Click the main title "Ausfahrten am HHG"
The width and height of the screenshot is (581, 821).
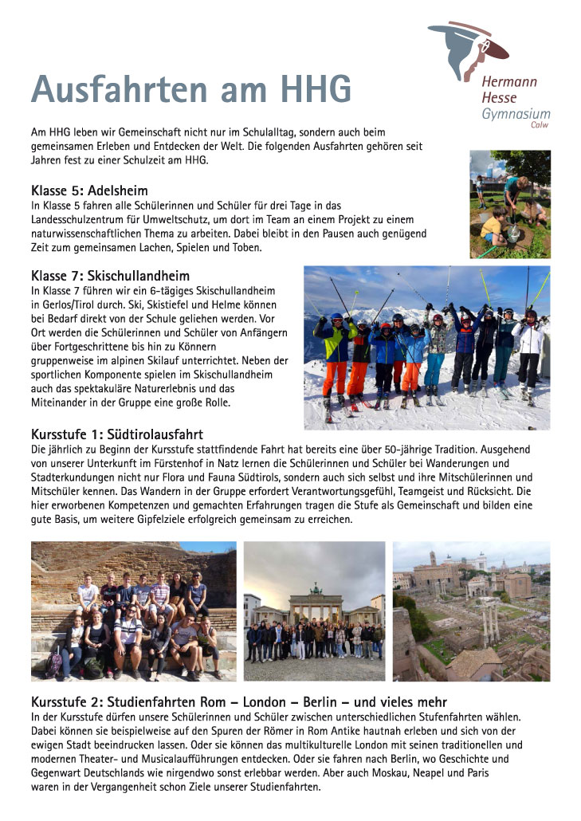click(x=191, y=89)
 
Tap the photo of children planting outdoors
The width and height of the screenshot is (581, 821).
click(x=509, y=204)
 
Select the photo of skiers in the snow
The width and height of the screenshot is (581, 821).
click(x=426, y=348)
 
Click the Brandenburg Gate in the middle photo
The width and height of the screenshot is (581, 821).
click(x=316, y=607)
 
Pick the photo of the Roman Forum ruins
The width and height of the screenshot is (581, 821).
click(x=471, y=611)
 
